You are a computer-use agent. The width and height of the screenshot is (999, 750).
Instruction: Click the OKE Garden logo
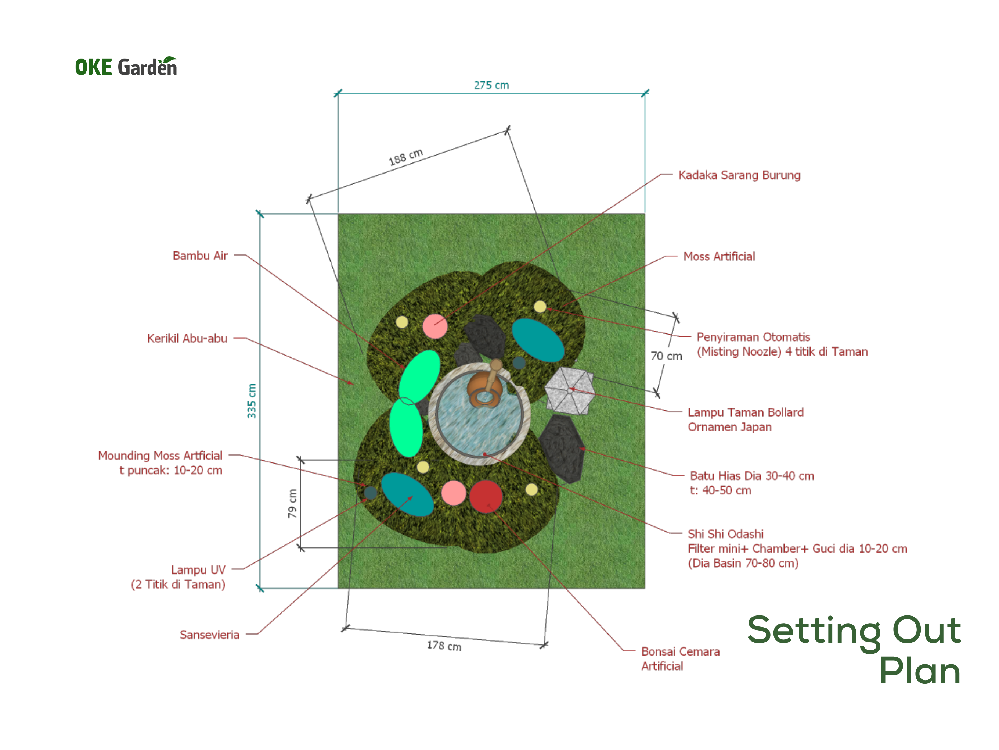point(126,67)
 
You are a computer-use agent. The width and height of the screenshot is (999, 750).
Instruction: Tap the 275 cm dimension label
point(491,85)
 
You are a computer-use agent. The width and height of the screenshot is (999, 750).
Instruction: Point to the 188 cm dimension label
point(405,156)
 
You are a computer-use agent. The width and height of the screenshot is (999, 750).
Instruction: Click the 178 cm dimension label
point(444,646)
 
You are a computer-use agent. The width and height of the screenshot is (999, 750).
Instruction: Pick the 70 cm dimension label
point(666,356)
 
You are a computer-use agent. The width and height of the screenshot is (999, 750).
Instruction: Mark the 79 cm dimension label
point(292,503)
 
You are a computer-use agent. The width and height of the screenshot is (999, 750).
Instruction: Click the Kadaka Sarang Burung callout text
point(739,175)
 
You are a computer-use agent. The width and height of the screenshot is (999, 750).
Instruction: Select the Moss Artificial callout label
point(719,256)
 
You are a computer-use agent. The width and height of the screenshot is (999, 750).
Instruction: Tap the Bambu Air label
point(200,256)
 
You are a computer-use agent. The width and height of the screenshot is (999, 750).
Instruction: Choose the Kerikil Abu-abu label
point(187,338)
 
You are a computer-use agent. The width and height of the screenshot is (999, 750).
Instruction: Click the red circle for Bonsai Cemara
point(486,496)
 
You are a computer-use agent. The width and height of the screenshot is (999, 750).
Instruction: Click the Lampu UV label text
point(198,569)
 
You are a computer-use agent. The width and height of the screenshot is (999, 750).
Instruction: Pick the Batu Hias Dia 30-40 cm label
point(752,476)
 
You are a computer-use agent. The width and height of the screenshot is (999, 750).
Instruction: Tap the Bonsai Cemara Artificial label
point(681,659)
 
